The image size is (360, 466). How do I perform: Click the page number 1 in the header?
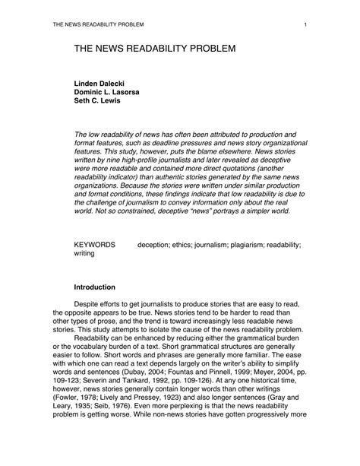[304, 25]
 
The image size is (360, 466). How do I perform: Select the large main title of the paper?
[155, 49]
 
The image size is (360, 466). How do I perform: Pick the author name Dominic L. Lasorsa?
[111, 91]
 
